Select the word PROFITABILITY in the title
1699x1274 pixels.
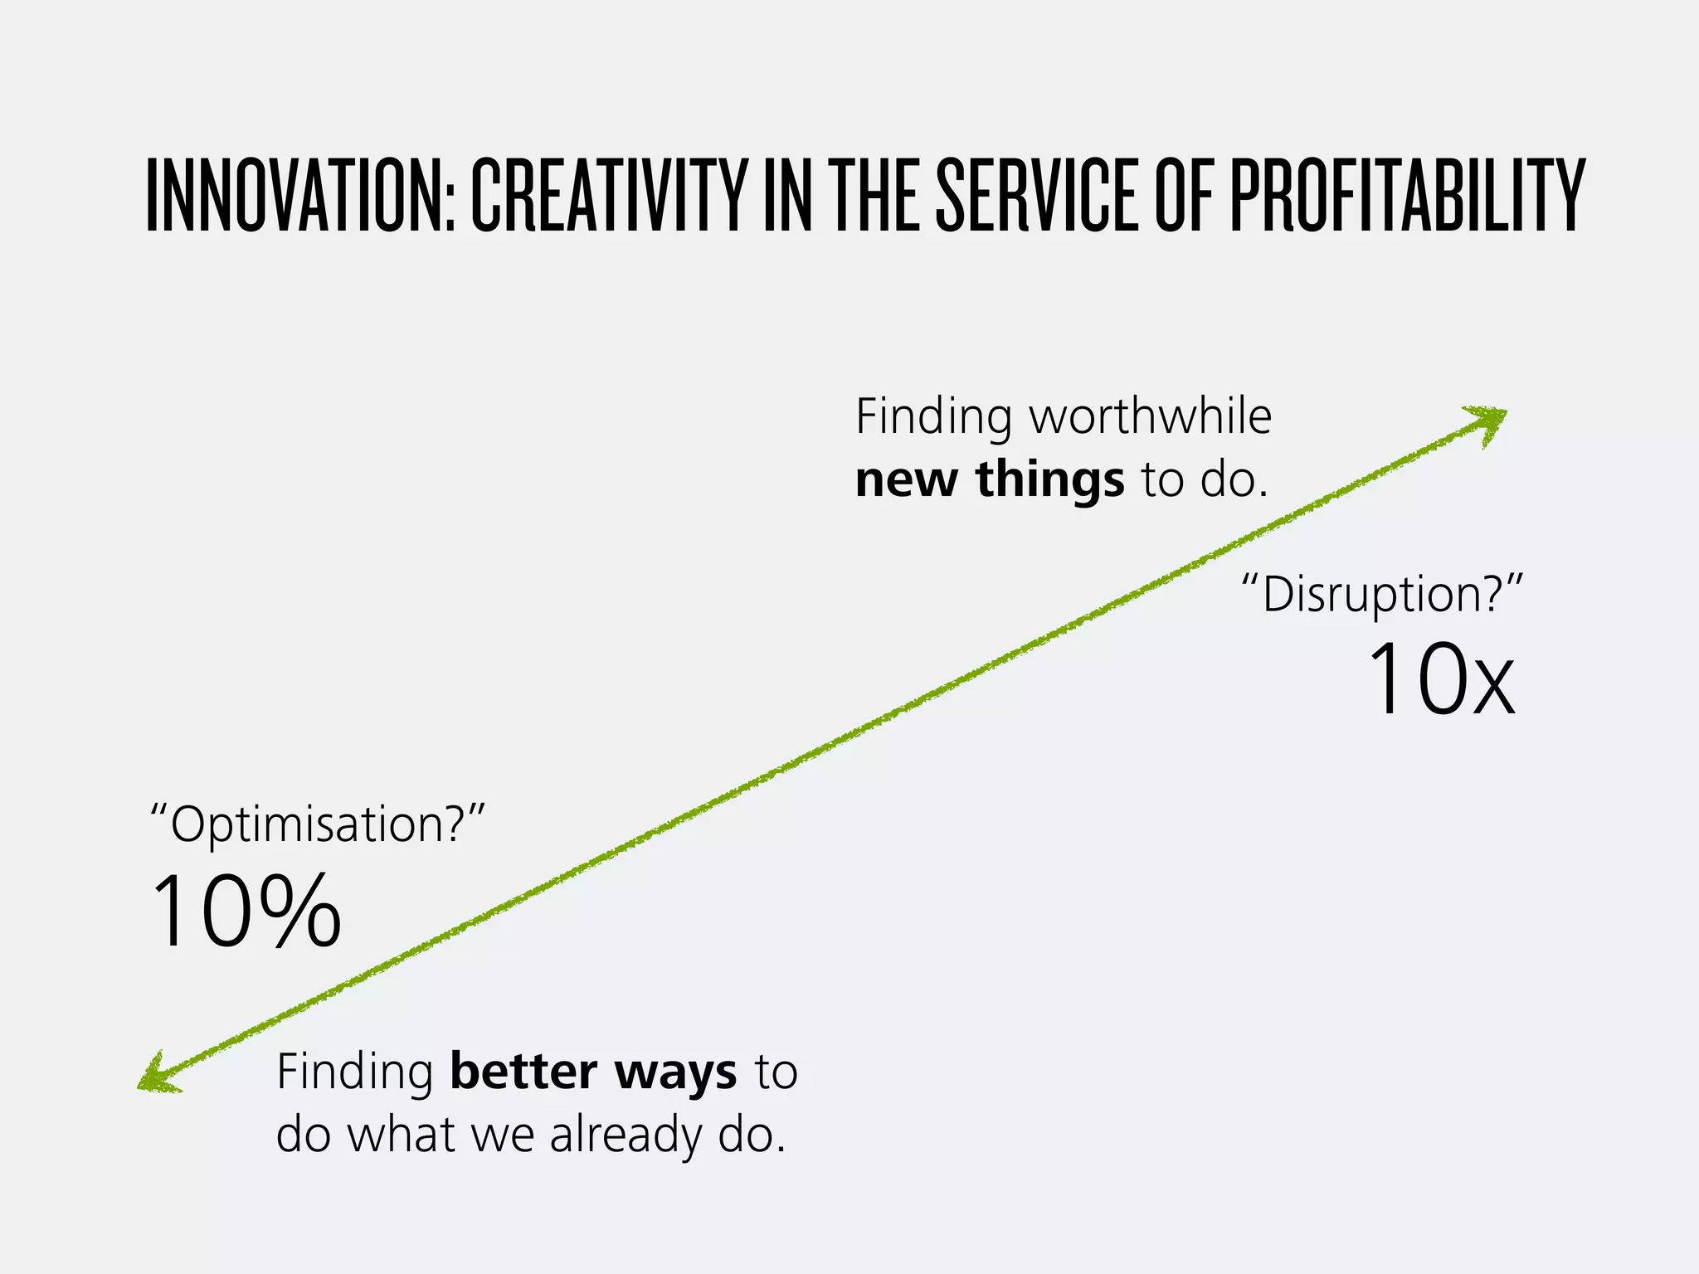1407,197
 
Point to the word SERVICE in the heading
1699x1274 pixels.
1037,197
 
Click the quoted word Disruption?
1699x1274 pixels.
1382,595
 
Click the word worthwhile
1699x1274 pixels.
1151,416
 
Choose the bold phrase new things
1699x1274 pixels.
990,479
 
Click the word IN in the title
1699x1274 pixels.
787,197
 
